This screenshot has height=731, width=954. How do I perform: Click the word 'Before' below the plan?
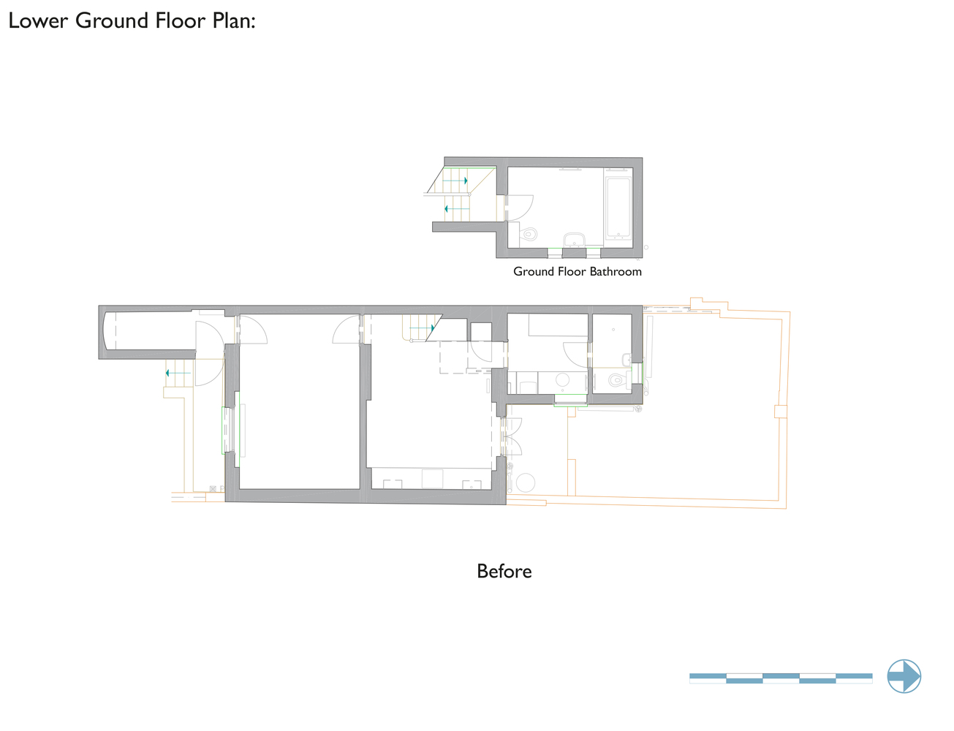(504, 571)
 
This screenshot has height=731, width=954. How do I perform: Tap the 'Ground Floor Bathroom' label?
(578, 272)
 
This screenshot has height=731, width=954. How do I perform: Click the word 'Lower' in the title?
(38, 20)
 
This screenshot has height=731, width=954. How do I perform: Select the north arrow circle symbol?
(904, 676)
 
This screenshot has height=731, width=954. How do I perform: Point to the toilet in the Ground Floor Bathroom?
(528, 234)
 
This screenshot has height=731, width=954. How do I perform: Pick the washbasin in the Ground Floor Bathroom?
(574, 240)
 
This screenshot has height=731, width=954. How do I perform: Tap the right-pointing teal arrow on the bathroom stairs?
(455, 181)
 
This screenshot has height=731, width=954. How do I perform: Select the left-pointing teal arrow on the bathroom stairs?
(457, 208)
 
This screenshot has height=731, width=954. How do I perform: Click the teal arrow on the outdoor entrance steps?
(178, 374)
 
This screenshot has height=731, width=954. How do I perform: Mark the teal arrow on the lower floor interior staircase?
(422, 328)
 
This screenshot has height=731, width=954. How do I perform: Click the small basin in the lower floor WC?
(626, 360)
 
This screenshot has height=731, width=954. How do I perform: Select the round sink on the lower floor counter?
(562, 379)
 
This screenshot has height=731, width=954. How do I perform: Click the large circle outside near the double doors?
(526, 482)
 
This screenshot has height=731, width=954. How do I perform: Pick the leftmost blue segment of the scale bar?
(708, 675)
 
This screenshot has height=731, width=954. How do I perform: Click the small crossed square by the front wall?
(213, 488)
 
